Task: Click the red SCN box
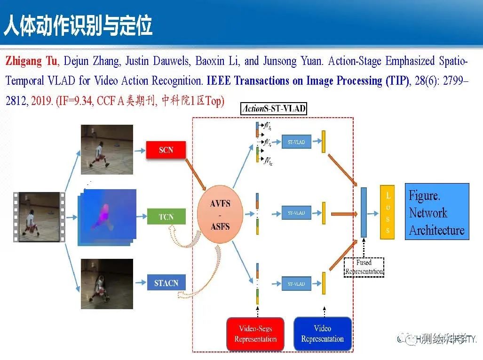click(166, 150)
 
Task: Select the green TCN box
click(166, 217)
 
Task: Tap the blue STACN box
click(166, 283)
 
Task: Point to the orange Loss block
click(387, 212)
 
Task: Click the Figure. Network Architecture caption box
click(437, 212)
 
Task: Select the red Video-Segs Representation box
click(255, 334)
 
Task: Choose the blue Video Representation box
click(323, 334)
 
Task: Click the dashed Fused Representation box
click(364, 267)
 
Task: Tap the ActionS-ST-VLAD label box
click(273, 109)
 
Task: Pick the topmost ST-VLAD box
click(296, 142)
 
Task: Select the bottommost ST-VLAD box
click(296, 284)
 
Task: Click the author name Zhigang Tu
click(32, 61)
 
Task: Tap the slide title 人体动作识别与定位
click(78, 26)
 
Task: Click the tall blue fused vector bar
click(364, 212)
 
